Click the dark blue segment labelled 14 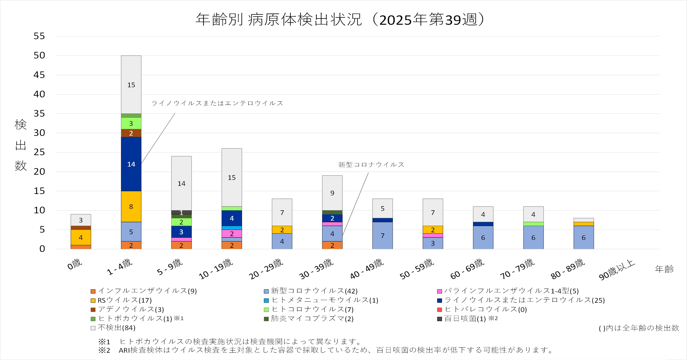pos(131,164)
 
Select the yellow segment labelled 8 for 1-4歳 pos(131,207)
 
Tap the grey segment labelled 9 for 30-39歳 pos(332,193)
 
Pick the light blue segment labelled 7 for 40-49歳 pos(382,236)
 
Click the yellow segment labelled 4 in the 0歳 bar pos(81,237)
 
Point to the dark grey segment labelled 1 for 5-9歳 pos(181,212)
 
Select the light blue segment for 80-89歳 pos(584,237)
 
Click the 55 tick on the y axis pos(39,36)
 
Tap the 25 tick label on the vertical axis pos(39,152)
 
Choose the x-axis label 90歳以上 pos(617,270)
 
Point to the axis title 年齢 pos(664,269)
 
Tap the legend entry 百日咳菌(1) pos(465,319)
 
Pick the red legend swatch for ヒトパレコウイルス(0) pos(440,310)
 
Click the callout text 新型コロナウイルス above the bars pos(371,165)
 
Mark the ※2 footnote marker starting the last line pos(104,350)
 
